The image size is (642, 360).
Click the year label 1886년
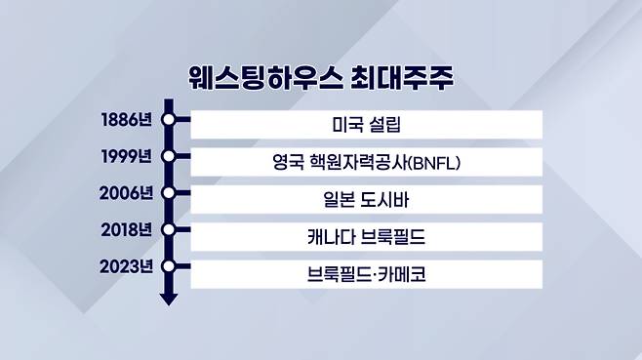pos(127,120)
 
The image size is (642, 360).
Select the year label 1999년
pos(127,156)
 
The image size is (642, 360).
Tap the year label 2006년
pos(126,193)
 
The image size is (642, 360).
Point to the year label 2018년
pos(127,230)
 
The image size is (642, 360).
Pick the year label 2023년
pos(126,266)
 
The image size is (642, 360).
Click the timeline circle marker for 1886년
pos(168,120)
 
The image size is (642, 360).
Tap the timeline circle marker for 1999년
pos(168,156)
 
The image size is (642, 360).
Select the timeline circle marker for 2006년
pos(168,193)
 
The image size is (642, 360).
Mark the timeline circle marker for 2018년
pos(168,230)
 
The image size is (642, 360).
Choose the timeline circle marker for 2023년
pos(168,266)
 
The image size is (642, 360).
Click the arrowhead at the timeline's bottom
pos(168,299)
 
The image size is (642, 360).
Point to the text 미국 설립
pos(367,124)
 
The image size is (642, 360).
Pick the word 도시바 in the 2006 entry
pos(384,200)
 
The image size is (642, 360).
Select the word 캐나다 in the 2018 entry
pos(331,237)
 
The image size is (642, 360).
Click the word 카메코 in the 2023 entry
pos(402,274)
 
